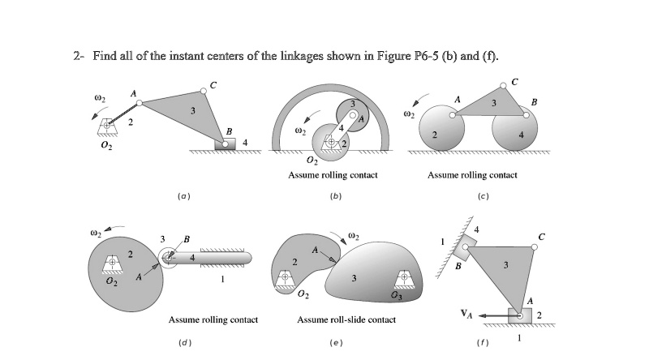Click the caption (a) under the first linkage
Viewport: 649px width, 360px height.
(x=183, y=195)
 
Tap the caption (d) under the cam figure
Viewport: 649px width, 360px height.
(x=183, y=342)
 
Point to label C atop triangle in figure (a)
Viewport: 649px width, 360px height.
(x=213, y=85)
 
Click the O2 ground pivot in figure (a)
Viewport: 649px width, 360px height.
(x=106, y=127)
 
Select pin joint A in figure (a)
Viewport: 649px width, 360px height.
(x=140, y=103)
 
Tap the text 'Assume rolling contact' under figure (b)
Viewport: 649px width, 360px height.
(x=333, y=174)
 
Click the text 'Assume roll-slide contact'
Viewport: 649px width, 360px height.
(x=346, y=319)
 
